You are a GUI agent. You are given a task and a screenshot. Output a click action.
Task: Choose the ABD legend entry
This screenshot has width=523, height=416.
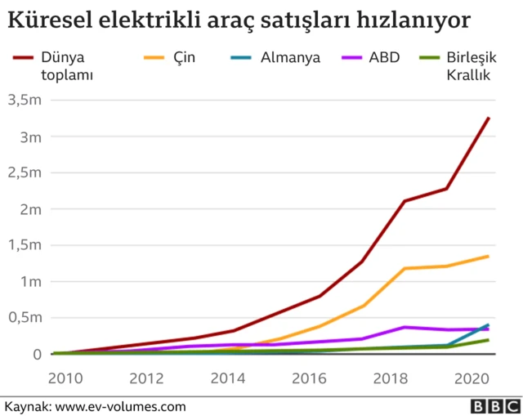click(x=384, y=58)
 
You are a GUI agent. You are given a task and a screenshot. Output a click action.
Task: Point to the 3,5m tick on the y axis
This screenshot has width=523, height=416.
click(x=25, y=100)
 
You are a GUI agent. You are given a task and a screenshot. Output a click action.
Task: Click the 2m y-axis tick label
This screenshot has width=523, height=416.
click(x=30, y=208)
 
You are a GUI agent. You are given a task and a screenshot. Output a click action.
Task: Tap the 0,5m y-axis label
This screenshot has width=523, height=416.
click(x=25, y=317)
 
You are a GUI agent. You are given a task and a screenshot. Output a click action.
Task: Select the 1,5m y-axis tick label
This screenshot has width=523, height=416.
click(x=25, y=245)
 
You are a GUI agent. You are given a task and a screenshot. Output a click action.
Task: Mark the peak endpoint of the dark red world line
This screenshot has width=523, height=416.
click(x=489, y=118)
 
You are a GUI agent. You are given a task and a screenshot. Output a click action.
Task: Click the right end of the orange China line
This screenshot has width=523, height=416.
click(x=489, y=256)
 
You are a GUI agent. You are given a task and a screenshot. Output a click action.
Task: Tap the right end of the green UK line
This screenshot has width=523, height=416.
click(x=489, y=340)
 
